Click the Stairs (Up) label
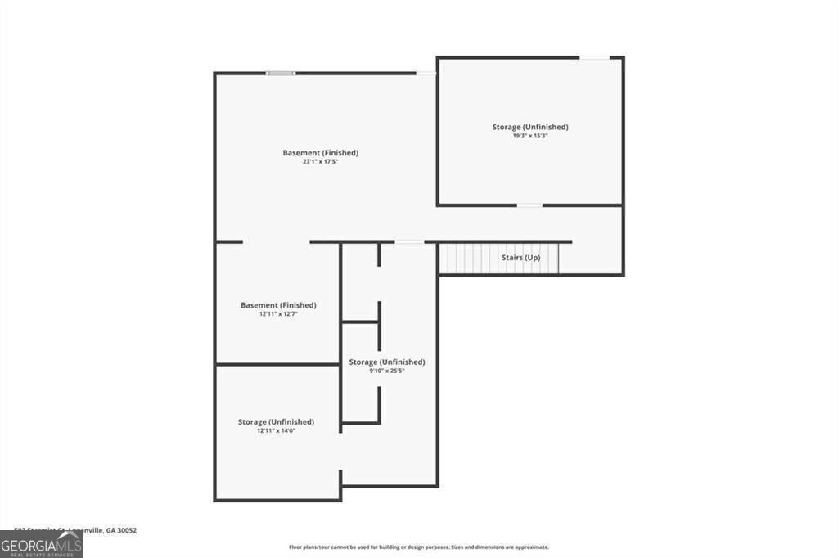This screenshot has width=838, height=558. point(520,258)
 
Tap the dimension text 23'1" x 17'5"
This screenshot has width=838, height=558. point(320,162)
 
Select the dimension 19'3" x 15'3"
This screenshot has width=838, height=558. point(529,136)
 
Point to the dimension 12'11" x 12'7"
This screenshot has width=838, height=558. point(277,314)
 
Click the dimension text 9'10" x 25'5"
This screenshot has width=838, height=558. point(386,371)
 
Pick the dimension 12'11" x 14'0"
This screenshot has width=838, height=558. point(276,430)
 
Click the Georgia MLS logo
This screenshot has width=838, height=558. point(41,544)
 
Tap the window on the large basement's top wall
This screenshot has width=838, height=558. point(281,74)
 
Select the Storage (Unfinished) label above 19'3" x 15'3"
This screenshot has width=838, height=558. point(529,127)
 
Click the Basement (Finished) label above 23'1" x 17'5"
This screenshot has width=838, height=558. point(320,153)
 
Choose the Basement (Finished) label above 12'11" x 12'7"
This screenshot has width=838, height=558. point(277,305)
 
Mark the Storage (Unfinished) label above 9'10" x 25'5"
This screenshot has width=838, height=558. point(386,362)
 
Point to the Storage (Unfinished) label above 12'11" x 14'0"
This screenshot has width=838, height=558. point(276,421)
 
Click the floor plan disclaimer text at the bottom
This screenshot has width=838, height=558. point(418,547)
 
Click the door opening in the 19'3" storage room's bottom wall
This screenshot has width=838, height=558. point(529,205)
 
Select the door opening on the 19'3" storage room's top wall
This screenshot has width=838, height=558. point(595,57)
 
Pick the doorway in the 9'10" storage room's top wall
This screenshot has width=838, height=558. point(409,241)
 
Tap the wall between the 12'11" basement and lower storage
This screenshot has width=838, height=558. point(277,364)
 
